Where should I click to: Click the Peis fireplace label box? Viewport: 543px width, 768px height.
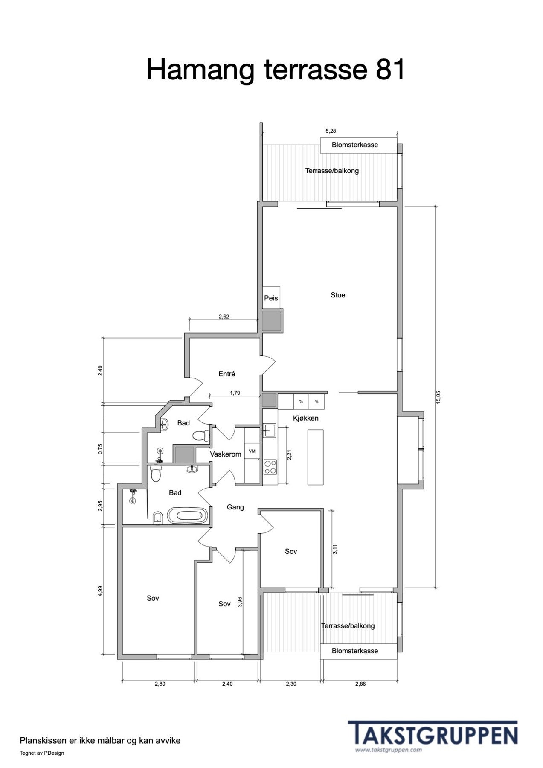point(271,298)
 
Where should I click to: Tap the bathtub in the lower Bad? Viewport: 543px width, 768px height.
point(187,515)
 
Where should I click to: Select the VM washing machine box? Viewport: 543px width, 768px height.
point(252,451)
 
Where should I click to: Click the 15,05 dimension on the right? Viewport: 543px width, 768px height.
point(438,397)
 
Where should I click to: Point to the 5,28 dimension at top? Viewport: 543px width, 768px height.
point(331,131)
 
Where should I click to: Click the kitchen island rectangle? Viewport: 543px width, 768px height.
point(315,457)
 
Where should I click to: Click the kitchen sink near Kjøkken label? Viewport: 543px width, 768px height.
point(270,430)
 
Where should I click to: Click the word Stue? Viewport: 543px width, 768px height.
point(338,295)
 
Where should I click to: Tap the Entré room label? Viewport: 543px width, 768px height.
point(226,374)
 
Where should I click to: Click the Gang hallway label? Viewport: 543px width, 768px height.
point(235,507)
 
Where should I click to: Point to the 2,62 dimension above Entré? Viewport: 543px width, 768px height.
point(224,317)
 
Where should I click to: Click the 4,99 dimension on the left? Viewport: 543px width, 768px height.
point(100,591)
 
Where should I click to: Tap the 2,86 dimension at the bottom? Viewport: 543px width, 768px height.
point(360,684)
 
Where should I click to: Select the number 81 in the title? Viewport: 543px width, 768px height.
point(390,69)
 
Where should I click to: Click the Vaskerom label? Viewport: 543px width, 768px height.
point(225,454)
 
